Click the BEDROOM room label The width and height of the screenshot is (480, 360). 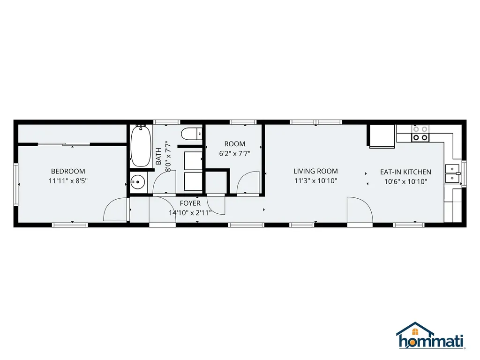(68, 171)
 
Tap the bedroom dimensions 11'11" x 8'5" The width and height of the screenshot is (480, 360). (68, 180)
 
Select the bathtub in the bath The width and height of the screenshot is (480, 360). (140, 146)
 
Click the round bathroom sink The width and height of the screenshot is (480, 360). (137, 182)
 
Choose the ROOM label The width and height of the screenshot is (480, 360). (234, 144)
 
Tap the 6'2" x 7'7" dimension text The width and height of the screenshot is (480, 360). (234, 153)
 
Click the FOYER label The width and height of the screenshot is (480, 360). (190, 203)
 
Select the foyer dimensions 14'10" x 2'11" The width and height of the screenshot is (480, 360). (190, 212)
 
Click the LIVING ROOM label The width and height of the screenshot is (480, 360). (315, 171)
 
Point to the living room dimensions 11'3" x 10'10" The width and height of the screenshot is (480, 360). (315, 180)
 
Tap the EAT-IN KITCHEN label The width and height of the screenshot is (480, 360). (405, 172)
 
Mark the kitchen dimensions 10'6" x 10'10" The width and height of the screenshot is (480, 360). (405, 181)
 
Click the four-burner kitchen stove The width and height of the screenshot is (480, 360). (420, 134)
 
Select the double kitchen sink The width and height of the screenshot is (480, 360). (453, 173)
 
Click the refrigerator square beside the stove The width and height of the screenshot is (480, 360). (382, 136)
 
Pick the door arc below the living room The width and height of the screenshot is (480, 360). (360, 211)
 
